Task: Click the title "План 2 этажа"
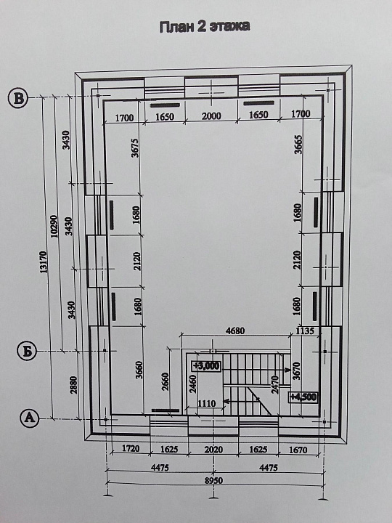204,27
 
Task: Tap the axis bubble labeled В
18,98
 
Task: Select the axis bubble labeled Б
27,351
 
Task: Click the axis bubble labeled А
30,418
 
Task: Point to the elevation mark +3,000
206,366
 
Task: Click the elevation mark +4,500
303,397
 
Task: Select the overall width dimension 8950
213,480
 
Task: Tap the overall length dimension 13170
44,262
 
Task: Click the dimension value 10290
54,226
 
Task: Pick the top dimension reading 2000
211,115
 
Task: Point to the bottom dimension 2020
213,450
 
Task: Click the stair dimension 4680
235,331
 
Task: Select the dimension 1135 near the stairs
305,331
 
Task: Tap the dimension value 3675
135,148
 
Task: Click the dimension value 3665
298,145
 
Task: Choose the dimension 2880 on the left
73,384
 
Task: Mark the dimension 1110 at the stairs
207,404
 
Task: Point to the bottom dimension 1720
131,448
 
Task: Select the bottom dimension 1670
298,450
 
